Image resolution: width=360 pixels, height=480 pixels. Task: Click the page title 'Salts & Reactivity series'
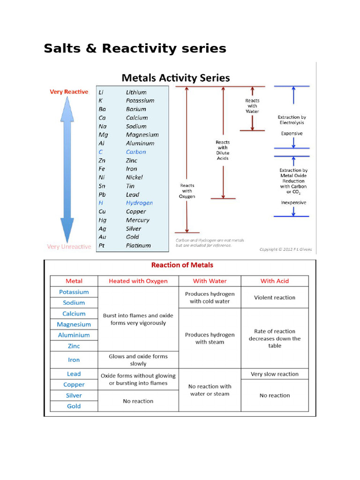(135, 48)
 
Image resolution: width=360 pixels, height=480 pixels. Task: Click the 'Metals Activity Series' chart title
(176, 77)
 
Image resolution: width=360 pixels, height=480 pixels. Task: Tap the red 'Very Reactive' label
(69, 92)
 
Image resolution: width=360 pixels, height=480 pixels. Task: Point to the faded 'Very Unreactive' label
(69, 247)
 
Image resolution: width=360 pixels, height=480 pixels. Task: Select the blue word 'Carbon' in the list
(136, 152)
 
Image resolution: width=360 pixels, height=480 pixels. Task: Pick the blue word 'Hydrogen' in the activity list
(139, 203)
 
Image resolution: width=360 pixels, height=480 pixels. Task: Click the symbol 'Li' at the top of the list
(102, 92)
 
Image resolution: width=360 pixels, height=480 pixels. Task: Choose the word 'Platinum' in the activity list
(138, 245)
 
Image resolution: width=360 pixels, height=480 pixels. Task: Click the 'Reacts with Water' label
(252, 106)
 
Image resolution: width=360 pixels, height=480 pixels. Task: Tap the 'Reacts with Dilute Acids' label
(223, 150)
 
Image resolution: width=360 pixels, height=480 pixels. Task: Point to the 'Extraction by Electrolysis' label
(292, 120)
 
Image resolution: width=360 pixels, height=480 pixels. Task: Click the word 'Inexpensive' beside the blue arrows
(293, 202)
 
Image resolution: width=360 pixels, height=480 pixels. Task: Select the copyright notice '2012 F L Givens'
(285, 249)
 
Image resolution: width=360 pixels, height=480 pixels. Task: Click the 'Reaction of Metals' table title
(182, 265)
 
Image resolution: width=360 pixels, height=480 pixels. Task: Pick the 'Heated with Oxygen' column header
(138, 281)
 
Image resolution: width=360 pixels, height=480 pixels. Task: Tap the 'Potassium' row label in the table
(74, 292)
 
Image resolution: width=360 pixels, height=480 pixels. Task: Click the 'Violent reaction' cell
(275, 297)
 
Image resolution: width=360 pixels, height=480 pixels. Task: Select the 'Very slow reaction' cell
(275, 374)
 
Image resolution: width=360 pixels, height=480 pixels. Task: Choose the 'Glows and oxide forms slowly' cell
(138, 360)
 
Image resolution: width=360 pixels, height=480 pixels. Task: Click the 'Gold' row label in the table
(74, 406)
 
